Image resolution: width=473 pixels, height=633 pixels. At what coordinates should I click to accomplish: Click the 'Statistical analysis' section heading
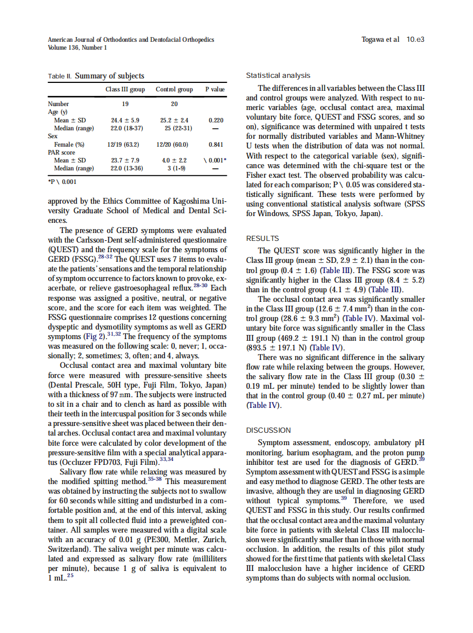tap(278, 76)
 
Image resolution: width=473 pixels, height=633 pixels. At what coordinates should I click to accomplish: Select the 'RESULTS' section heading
tap(262, 239)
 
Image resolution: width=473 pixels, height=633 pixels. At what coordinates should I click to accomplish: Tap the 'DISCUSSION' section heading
tap(269, 430)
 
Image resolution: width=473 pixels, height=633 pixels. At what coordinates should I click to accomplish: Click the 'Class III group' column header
tap(125, 89)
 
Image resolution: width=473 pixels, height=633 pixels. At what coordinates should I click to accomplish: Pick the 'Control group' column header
tap(174, 89)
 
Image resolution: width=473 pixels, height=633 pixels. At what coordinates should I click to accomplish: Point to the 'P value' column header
tap(214, 89)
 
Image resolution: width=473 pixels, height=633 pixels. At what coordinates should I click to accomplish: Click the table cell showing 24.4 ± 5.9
tap(125, 120)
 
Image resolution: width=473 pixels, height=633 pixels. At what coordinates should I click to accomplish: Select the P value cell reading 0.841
tap(215, 144)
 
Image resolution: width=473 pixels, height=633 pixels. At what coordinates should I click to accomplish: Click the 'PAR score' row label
tap(62, 152)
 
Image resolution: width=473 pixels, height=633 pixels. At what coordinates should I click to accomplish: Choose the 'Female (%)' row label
tap(69, 144)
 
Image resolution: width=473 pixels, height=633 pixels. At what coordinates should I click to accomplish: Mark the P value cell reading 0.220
tap(215, 120)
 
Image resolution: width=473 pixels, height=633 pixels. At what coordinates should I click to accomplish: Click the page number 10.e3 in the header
tap(415, 39)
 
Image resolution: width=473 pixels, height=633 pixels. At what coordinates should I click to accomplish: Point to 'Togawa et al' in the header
tap(380, 39)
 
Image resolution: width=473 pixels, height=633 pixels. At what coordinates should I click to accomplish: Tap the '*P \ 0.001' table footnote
tap(62, 181)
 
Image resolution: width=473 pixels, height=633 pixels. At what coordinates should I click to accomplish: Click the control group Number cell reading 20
tap(174, 104)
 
